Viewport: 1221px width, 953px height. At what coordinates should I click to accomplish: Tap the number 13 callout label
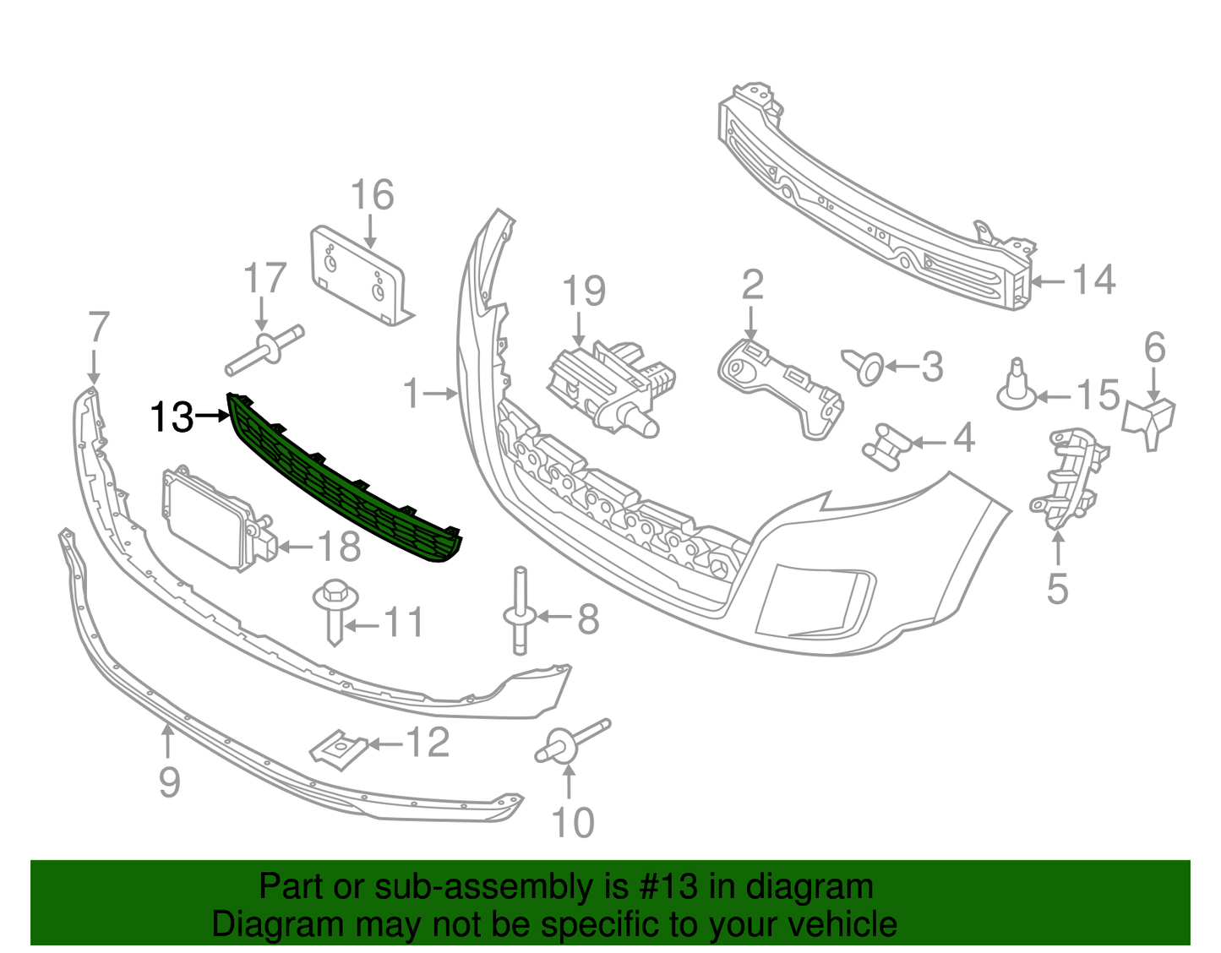172,417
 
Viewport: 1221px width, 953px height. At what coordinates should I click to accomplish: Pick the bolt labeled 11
335,608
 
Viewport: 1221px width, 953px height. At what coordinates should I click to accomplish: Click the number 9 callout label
169,781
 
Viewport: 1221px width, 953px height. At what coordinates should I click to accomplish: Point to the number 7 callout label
99,327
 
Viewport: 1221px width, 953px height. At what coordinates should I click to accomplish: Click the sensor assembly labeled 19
610,384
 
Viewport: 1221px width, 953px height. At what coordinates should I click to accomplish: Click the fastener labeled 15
1017,388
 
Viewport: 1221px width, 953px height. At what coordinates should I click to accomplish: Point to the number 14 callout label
1094,280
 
